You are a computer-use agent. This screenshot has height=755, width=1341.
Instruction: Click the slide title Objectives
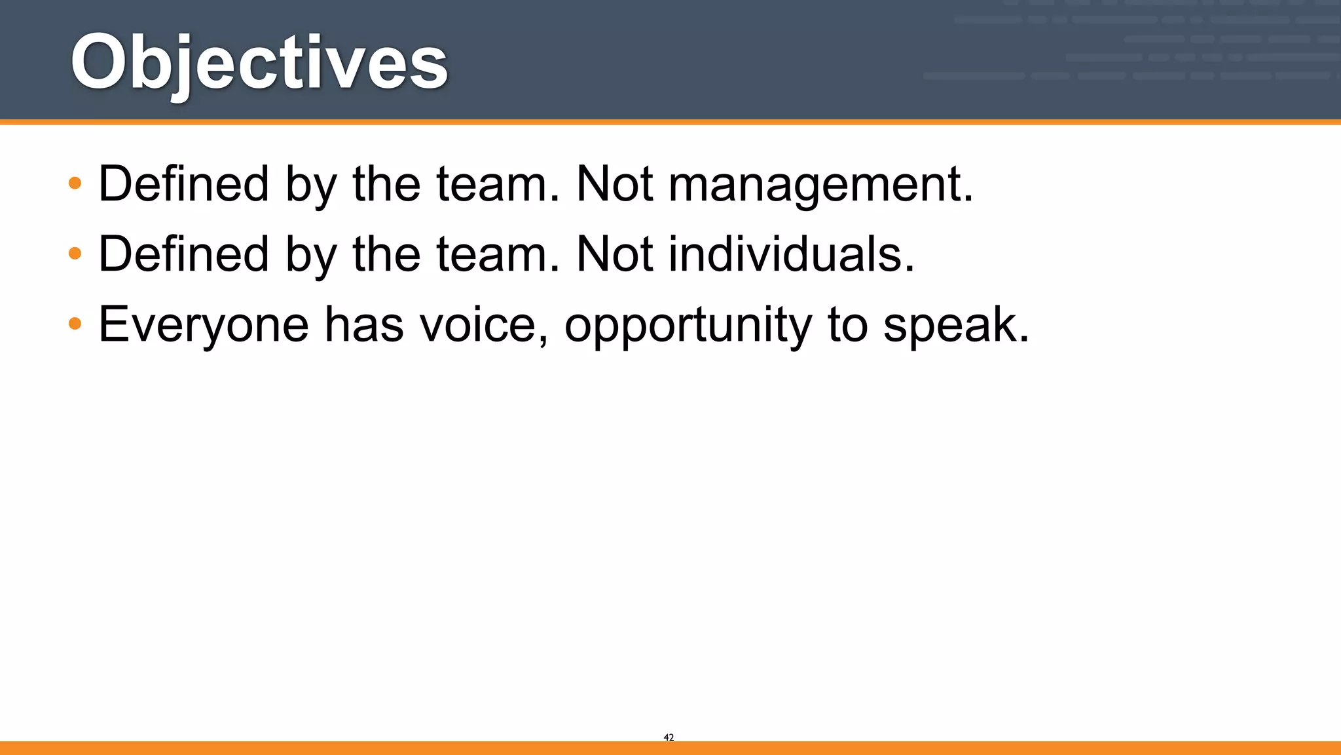(259, 63)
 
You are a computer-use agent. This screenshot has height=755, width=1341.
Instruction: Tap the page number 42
(669, 737)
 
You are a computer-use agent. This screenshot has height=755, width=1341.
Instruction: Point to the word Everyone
(203, 325)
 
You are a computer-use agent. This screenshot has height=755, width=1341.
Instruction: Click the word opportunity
(688, 325)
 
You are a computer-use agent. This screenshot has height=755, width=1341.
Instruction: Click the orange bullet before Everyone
(75, 323)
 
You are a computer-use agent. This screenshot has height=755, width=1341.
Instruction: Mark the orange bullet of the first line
(75, 183)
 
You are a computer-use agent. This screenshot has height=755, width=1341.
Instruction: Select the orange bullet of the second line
(75, 253)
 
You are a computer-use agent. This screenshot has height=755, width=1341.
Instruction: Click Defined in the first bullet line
(183, 184)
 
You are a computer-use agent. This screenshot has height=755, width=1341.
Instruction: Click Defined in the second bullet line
(183, 254)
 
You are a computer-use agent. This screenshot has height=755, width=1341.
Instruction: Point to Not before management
(614, 184)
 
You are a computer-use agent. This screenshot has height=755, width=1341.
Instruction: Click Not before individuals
(614, 254)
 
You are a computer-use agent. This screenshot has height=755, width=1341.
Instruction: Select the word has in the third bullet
(364, 324)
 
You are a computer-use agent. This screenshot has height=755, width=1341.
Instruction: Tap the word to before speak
(847, 325)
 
